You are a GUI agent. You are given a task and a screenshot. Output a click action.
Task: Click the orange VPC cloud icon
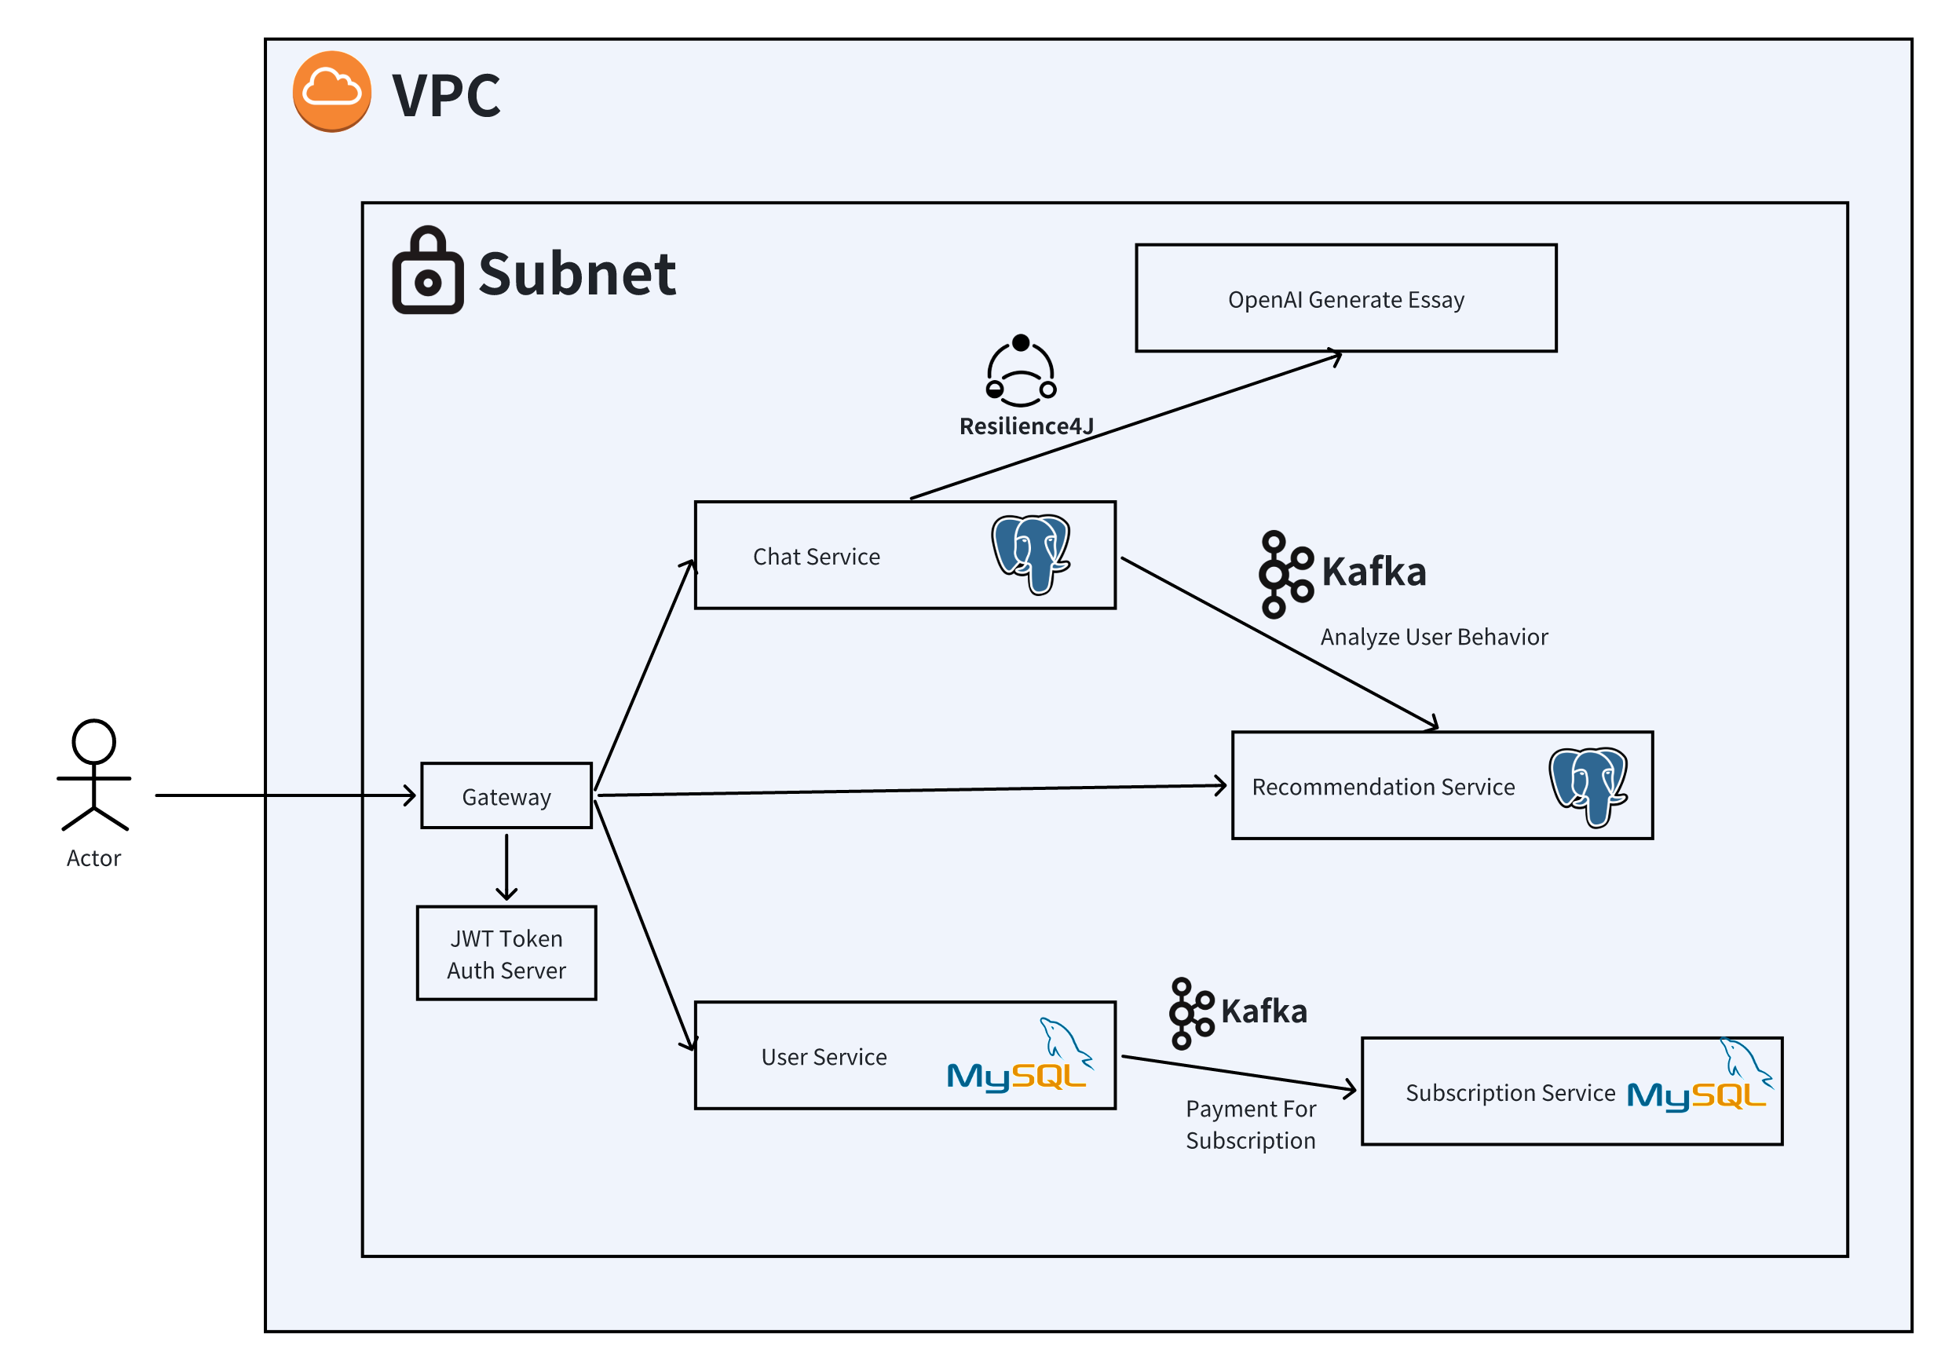point(331,91)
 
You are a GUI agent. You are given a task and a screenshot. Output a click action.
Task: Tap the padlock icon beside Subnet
point(428,271)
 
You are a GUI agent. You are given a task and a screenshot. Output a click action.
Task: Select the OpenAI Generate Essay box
point(1346,298)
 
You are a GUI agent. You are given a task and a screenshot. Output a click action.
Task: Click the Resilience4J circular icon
point(1020,371)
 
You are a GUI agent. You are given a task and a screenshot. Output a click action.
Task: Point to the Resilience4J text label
point(1026,426)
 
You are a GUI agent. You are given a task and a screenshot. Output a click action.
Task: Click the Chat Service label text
point(816,557)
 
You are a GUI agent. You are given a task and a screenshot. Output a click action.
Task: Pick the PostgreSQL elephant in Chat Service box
point(1030,554)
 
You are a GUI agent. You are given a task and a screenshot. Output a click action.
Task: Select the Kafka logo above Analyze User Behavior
point(1285,575)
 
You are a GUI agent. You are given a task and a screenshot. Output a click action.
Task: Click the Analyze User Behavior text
point(1434,637)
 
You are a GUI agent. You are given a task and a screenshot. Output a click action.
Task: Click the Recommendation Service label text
point(1384,787)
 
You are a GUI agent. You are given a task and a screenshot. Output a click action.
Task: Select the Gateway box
point(506,796)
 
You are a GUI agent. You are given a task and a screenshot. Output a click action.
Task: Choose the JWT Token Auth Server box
point(506,954)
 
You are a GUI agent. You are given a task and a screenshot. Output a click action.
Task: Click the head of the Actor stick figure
point(93,741)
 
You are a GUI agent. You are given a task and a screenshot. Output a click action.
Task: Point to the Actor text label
point(93,858)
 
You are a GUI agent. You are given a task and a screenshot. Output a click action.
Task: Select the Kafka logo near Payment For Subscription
point(1191,1013)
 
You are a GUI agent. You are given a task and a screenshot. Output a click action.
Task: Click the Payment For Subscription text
point(1250,1124)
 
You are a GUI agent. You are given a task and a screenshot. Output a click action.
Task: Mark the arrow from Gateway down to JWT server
point(506,867)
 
